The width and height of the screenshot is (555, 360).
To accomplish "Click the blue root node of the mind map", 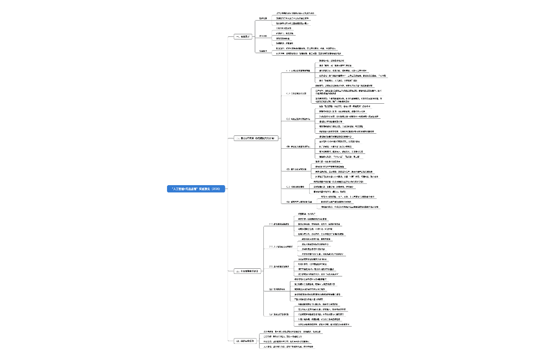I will (196, 189).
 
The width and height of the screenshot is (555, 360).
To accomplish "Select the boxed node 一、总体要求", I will (243, 37).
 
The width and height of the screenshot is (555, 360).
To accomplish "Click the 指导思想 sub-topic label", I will (263, 18).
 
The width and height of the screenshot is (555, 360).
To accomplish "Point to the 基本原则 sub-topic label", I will (263, 36).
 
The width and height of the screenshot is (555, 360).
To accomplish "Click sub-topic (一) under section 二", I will (298, 70).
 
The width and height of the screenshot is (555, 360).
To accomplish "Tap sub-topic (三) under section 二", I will (298, 119).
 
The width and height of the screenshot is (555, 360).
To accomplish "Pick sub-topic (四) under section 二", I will (298, 147).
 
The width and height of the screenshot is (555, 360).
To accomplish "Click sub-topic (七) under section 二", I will (298, 201).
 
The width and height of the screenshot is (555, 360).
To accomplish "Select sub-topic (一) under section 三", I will (278, 224).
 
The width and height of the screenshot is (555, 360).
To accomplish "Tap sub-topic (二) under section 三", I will (280, 247).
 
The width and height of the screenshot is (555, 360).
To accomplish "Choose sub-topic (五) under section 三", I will (279, 315).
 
